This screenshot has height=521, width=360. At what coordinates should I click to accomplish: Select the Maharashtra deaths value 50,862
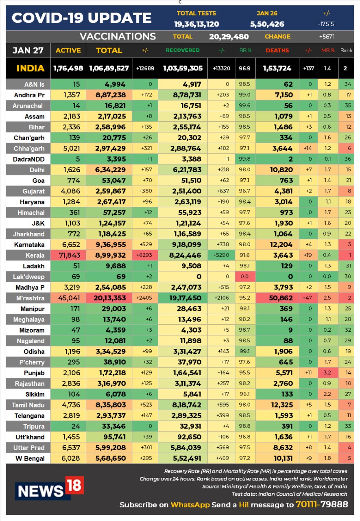281,298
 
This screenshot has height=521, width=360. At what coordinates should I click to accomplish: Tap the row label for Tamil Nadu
28,405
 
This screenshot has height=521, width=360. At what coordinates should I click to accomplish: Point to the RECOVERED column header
183,50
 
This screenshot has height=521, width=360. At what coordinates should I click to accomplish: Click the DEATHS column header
277,50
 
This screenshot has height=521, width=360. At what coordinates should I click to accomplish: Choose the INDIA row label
31,68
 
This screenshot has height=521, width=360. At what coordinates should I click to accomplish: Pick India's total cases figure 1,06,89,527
109,68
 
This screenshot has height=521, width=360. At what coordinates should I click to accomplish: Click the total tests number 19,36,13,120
196,24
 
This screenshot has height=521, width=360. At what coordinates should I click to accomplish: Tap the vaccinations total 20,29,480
229,37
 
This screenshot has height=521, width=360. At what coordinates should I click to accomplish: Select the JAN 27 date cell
28,50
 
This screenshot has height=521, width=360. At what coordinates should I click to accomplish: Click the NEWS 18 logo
50,488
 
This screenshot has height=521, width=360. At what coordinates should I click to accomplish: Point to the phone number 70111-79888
322,504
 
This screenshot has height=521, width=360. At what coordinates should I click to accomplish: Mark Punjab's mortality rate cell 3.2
327,373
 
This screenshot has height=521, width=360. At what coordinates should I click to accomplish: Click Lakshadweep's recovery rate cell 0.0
244,276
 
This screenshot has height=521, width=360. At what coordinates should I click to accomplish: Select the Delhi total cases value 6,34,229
110,170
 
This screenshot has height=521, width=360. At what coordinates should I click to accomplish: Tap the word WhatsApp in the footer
190,505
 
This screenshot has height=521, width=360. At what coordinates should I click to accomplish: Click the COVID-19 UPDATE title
82,18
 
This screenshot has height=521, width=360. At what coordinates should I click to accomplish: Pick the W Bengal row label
30,458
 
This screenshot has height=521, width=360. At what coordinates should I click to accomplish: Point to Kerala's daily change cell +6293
144,255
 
